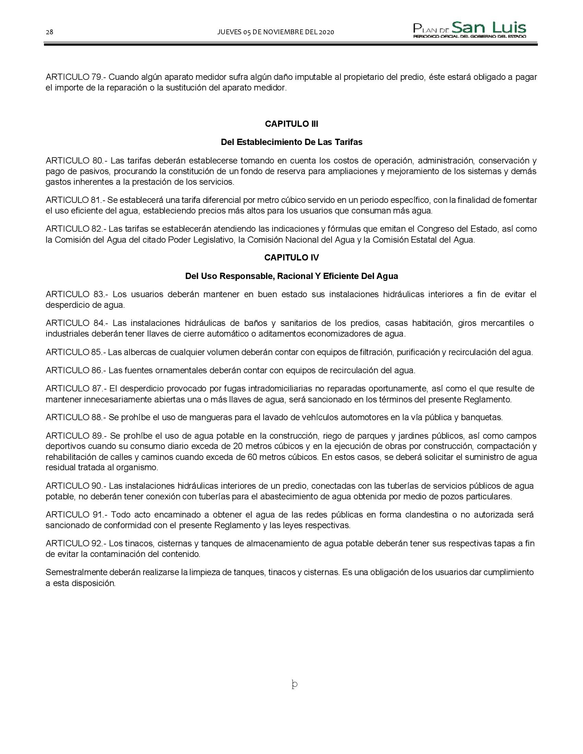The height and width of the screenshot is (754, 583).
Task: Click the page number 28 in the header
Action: (x=49, y=32)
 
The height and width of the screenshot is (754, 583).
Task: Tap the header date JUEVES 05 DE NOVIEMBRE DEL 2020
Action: (x=275, y=32)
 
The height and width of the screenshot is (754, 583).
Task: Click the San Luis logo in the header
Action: (x=470, y=30)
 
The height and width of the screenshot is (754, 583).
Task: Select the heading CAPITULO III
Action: (x=291, y=124)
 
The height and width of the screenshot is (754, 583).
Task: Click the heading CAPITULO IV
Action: (x=291, y=257)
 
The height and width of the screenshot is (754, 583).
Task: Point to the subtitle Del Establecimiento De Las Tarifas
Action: (x=291, y=142)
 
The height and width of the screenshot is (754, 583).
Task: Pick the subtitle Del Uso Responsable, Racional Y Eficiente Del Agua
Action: (x=291, y=276)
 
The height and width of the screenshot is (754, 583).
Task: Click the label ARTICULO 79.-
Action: (x=76, y=77)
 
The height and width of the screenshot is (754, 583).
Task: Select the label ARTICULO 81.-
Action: (x=75, y=200)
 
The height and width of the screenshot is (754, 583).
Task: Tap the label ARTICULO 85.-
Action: (x=76, y=352)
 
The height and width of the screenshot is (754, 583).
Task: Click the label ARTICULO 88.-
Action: (x=76, y=417)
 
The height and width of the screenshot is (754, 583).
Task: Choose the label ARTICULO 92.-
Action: (x=76, y=544)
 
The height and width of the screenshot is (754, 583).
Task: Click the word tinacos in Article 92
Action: (x=138, y=544)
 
